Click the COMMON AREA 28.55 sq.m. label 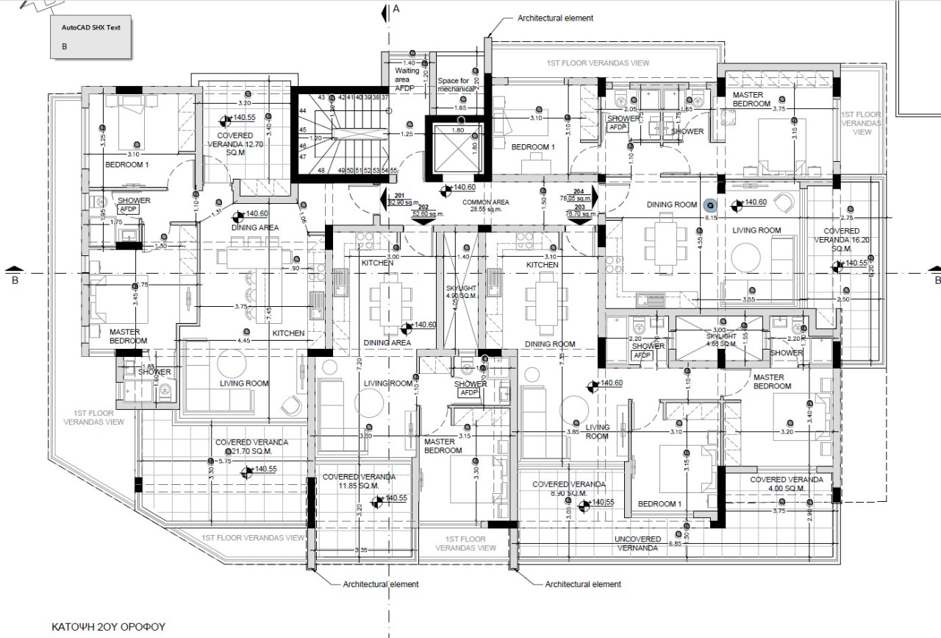click(485, 205)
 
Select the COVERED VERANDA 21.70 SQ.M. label click(251, 447)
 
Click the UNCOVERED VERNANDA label click(637, 544)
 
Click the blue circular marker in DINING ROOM click(710, 206)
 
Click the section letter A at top click(396, 9)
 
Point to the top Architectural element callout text click(555, 18)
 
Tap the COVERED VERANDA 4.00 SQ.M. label click(787, 483)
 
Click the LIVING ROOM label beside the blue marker click(756, 230)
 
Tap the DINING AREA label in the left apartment click(254, 227)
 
